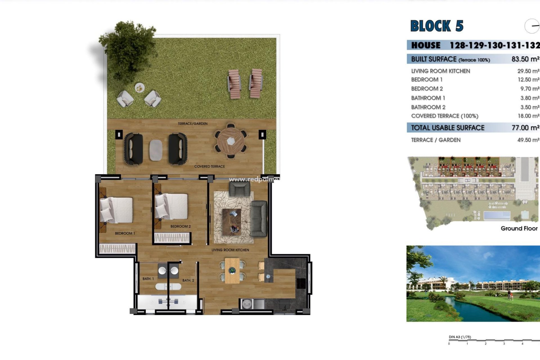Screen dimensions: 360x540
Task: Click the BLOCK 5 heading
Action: coord(436,26)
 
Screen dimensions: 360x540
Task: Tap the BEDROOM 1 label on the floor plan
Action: coord(125,233)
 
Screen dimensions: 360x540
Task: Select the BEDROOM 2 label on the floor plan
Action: coord(181,226)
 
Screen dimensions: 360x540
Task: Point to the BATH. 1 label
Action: coord(148,279)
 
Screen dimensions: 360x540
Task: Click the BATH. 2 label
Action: coord(188,280)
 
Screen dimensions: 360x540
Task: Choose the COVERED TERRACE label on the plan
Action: coord(210,166)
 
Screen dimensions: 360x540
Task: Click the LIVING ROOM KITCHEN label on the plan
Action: coord(230,250)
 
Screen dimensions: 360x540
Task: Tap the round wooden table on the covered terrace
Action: coord(231,141)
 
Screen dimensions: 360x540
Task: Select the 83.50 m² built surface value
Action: coord(525,59)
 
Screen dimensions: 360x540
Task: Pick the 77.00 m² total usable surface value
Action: coord(525,128)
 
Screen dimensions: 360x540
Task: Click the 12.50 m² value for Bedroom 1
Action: coord(528,80)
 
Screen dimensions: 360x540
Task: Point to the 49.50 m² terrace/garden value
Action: coord(528,140)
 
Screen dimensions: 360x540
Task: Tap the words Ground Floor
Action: coord(519,228)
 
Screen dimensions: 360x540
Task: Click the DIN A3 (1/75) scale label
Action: coord(460,337)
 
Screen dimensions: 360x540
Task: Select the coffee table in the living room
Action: coord(232,222)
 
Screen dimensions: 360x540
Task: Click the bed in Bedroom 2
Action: coord(172,206)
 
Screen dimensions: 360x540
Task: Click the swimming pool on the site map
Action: coord(497,216)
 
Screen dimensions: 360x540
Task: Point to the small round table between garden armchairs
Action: coord(139,88)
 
